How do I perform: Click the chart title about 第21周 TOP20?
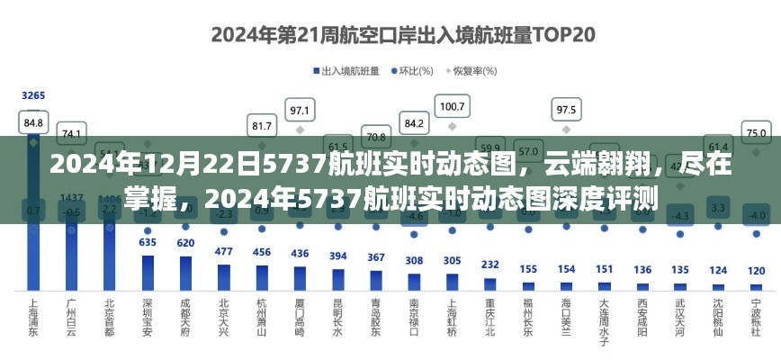[x=390, y=35]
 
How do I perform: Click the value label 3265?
[x=33, y=95]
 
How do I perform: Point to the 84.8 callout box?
[x=33, y=121]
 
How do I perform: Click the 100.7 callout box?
[x=452, y=107]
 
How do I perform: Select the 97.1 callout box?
[x=300, y=111]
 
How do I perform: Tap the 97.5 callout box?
[x=566, y=110]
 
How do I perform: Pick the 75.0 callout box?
[x=756, y=131]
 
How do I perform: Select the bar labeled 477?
[x=224, y=277]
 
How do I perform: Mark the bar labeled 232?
[x=489, y=283]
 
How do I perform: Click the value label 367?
[x=376, y=257]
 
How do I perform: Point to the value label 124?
[x=718, y=270]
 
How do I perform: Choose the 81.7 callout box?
[x=262, y=126]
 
